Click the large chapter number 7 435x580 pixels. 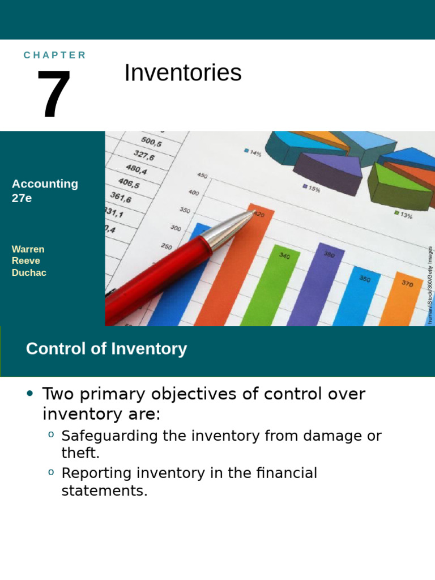coord(54,94)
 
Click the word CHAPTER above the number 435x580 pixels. coord(54,55)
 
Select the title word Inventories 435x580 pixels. coord(182,73)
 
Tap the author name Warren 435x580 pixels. coord(28,249)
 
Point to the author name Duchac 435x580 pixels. coord(29,273)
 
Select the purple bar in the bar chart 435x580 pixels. coord(320,283)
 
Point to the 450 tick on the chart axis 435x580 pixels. coord(202,175)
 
